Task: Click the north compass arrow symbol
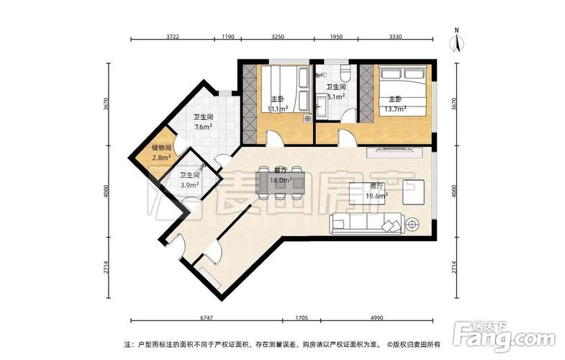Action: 457,41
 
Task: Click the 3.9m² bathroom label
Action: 189,179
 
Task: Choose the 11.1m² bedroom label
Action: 278,104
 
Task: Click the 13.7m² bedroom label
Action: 396,104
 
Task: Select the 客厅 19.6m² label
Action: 377,190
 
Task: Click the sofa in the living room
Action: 367,224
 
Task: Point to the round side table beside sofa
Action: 413,224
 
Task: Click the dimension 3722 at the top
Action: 173,36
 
